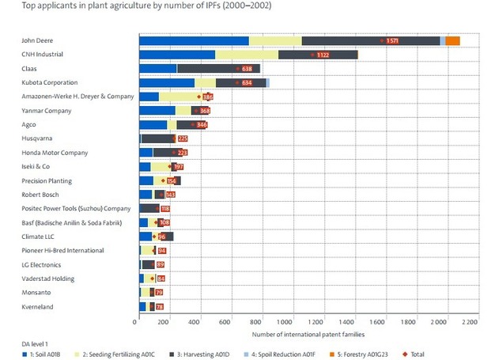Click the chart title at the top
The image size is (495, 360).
point(127,6)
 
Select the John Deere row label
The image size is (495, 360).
point(38,40)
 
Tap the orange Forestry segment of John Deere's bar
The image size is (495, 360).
point(452,40)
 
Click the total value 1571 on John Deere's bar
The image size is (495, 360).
point(392,40)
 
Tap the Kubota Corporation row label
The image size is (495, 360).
point(50,82)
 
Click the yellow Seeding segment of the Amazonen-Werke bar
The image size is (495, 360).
point(179,97)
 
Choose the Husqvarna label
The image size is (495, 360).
point(37,138)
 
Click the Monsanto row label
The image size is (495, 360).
point(37,293)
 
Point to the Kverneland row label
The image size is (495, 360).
point(39,306)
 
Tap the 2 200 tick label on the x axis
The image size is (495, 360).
point(470,322)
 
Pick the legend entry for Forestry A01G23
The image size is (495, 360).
point(363,354)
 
